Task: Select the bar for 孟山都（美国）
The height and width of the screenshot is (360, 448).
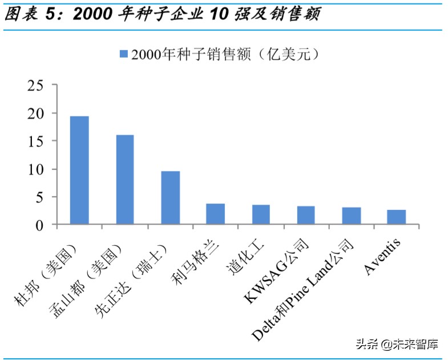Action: tap(124, 180)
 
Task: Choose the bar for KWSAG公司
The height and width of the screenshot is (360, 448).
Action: tap(306, 216)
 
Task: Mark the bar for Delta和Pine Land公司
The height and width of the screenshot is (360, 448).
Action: tap(351, 216)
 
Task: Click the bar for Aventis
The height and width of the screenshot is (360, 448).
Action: tap(396, 217)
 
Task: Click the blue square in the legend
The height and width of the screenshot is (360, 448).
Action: tap(123, 54)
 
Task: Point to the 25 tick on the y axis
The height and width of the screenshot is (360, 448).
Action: tap(35, 85)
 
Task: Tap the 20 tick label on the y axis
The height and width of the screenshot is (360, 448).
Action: tap(35, 113)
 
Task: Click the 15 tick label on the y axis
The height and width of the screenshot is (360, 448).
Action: tap(35, 141)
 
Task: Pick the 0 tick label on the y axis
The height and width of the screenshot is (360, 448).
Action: tap(39, 225)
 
